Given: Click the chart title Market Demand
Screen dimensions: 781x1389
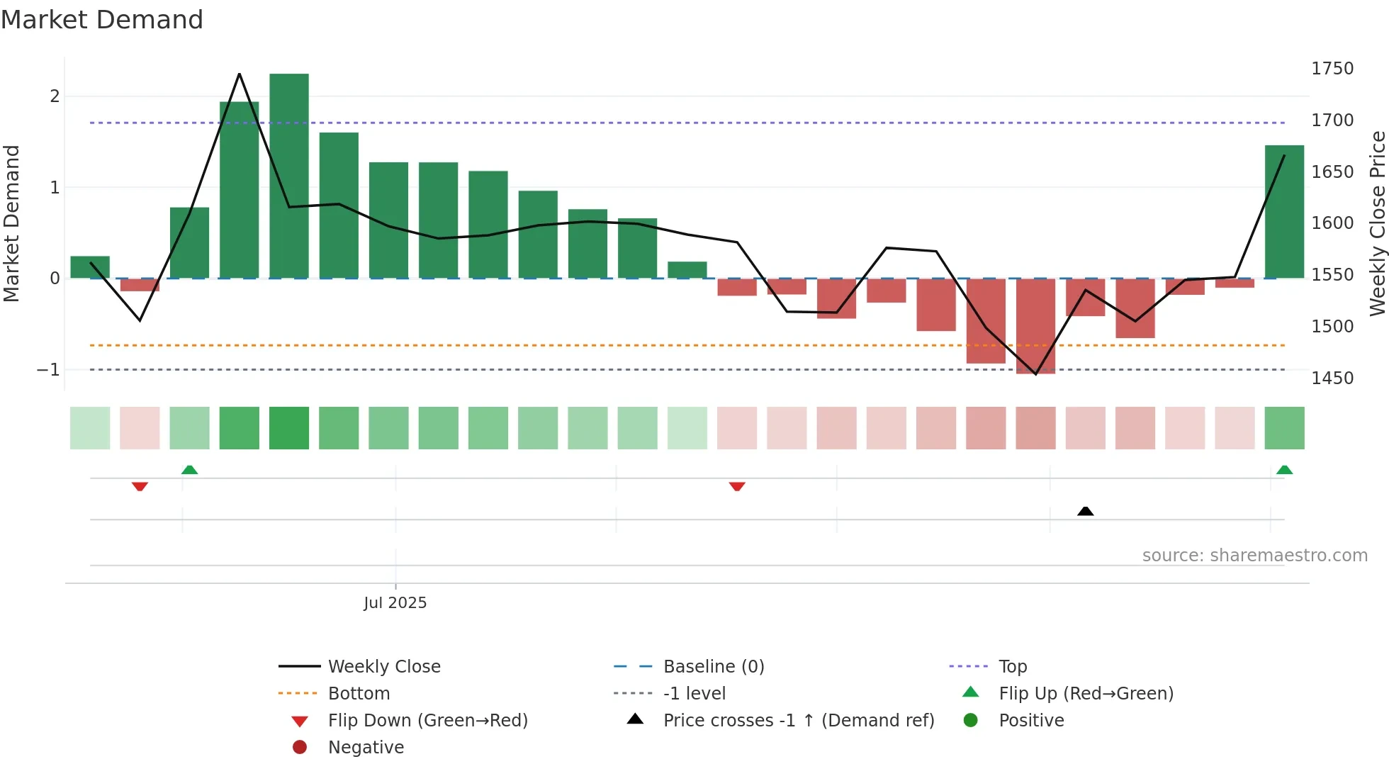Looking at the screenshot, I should [102, 20].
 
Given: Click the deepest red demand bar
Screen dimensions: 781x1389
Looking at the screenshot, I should [1035, 326].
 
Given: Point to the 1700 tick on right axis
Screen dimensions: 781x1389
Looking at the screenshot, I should [1332, 120].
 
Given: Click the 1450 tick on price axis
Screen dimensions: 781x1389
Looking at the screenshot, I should [1332, 378].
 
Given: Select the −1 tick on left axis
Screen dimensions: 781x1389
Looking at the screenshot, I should [48, 370].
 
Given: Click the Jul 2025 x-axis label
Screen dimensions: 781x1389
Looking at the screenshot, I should [395, 603].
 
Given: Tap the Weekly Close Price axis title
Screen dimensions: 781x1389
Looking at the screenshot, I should [1377, 223].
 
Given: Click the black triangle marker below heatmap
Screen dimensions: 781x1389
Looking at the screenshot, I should [1085, 511].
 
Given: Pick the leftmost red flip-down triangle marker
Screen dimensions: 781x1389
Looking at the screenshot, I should [140, 486].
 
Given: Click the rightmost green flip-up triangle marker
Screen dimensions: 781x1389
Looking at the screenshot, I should [1284, 470].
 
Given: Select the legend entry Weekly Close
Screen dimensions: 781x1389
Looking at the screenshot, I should [384, 667].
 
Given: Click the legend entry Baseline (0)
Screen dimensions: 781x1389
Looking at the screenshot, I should [713, 667].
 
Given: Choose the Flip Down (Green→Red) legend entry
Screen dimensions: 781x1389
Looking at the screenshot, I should [427, 721].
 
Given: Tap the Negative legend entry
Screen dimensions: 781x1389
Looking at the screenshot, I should [366, 748].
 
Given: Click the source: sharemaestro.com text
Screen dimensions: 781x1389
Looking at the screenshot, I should [1254, 556].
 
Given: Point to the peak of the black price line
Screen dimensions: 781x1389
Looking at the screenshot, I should [240, 74].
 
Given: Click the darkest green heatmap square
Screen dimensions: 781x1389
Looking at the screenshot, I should [289, 428].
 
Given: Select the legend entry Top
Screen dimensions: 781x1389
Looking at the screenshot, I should [1012, 667].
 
